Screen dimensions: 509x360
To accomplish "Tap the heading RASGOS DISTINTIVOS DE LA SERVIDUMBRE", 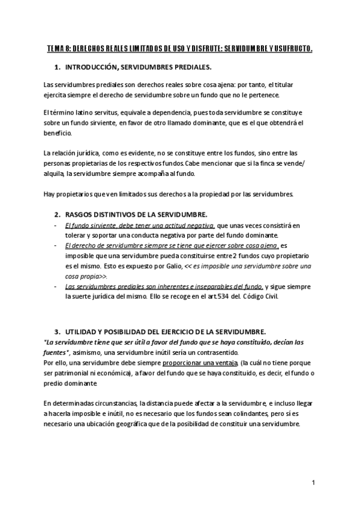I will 137,215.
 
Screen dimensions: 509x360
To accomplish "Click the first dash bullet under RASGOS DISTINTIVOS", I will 55,226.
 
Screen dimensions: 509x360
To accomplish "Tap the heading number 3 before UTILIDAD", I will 56,331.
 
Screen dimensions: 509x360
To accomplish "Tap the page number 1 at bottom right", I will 313,482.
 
